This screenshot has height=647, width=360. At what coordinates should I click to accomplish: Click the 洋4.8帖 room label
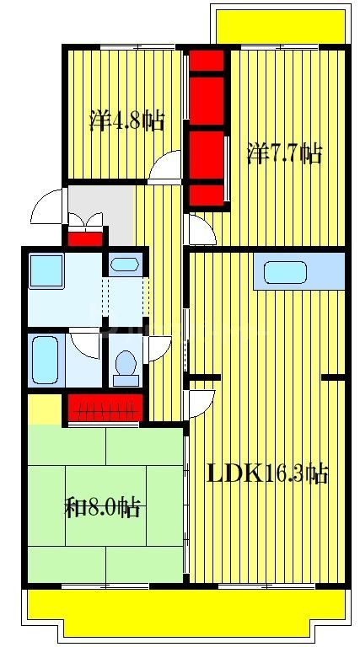[126, 120]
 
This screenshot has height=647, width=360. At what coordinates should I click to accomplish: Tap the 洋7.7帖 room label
[284, 154]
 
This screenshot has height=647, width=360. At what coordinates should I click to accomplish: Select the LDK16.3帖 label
[267, 473]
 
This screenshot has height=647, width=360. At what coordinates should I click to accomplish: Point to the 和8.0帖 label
[103, 506]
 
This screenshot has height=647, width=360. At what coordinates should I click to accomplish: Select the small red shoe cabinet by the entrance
[85, 238]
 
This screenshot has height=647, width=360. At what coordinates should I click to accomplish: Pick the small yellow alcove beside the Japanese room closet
[43, 409]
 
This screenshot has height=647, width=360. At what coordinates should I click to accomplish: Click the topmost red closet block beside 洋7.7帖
[207, 61]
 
